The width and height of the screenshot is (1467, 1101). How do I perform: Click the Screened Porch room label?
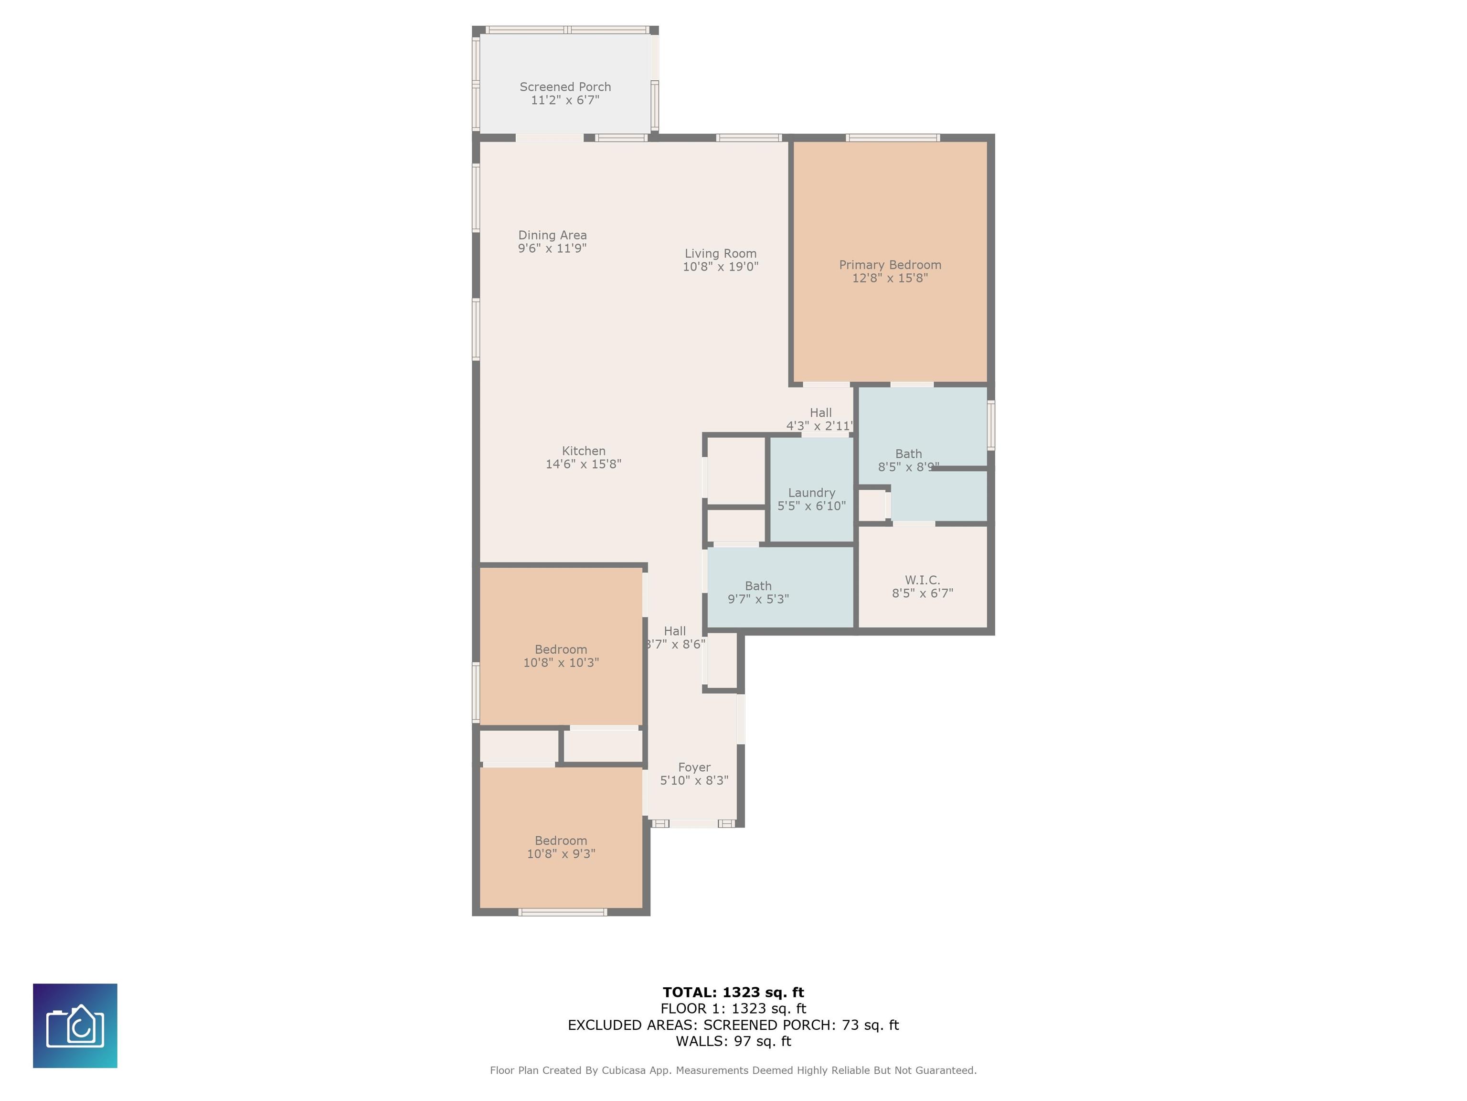[565, 87]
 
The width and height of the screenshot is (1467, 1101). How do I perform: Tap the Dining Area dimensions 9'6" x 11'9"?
[552, 248]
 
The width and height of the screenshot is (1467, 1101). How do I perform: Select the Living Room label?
[720, 254]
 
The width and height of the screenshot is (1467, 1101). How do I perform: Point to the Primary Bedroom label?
[890, 265]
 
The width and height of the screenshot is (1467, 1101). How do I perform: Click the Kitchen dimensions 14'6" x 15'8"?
[583, 464]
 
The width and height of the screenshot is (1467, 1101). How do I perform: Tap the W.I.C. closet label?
[922, 580]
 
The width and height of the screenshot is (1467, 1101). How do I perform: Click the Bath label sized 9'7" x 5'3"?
[758, 586]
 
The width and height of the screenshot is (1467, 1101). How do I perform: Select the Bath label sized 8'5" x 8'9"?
[909, 454]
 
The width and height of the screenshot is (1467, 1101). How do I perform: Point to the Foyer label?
[694, 767]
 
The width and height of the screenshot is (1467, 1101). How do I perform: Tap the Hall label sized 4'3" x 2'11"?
[820, 413]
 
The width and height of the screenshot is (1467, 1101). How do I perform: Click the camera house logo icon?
[75, 1025]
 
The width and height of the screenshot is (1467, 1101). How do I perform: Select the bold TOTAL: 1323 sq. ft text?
[733, 992]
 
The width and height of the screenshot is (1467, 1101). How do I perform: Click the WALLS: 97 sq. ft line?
[733, 1041]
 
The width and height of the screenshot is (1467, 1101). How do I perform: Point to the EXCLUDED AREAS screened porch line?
[733, 1025]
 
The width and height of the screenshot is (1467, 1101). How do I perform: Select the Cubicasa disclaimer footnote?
[733, 1070]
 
